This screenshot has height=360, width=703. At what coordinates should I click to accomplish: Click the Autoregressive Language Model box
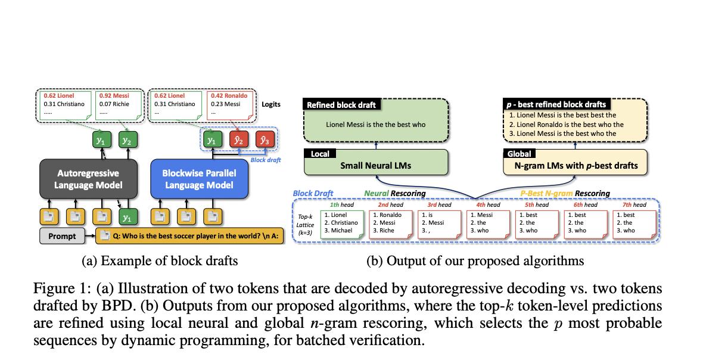point(88,179)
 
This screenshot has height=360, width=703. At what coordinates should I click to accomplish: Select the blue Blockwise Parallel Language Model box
point(199,179)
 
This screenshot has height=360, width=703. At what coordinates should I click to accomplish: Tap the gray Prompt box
point(63,236)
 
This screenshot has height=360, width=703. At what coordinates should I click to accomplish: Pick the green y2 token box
point(126,140)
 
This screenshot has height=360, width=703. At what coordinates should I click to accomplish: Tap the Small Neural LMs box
point(375,165)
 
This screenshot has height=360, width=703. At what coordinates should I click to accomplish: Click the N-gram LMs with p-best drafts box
point(575,165)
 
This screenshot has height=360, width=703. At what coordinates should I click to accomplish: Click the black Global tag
point(521,153)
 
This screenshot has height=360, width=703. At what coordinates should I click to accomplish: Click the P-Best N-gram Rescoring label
point(565,193)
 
